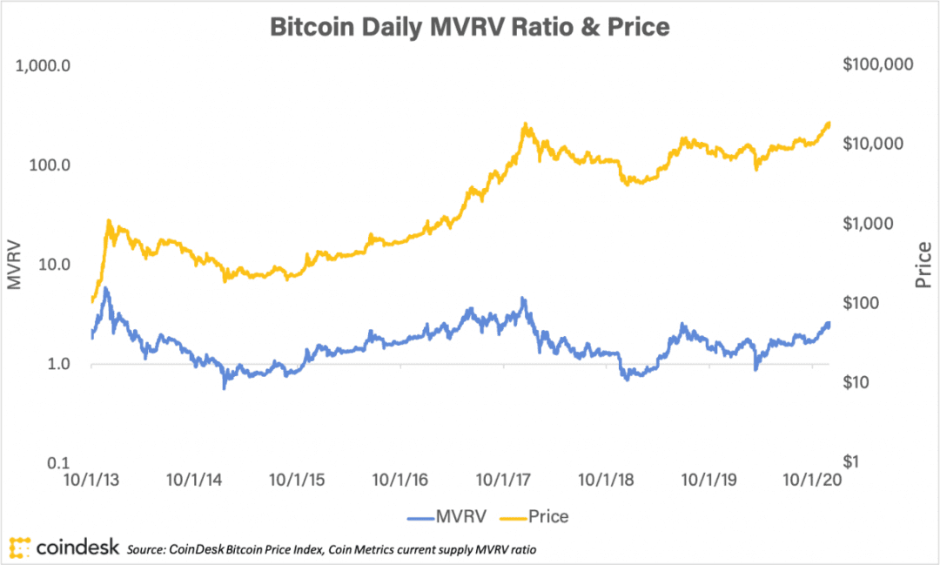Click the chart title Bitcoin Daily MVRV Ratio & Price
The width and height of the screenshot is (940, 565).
pos(469,27)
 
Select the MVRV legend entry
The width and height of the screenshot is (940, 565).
pos(446,516)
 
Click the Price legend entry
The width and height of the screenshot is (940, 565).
pos(534,516)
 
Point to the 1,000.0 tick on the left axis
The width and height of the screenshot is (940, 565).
pos(43,65)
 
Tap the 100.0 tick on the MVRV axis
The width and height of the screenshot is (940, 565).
pos(50,165)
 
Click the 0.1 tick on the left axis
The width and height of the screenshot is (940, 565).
pos(59,463)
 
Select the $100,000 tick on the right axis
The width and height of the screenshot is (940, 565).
pos(877,64)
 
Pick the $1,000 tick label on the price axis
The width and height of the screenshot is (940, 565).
pos(868,224)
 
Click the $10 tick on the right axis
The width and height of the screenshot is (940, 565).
pos(856,382)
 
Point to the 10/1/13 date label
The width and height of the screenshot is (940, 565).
pos(91,480)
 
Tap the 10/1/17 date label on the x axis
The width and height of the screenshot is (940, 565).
pos(503,480)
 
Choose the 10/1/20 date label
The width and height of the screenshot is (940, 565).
pos(812,480)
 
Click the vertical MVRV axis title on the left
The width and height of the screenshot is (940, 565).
pos(14,265)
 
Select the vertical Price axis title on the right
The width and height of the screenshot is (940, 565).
pos(923,265)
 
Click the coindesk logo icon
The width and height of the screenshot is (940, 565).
pos(20,548)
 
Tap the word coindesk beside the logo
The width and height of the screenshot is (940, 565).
pos(78,548)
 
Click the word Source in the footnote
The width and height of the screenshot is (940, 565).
pos(145,549)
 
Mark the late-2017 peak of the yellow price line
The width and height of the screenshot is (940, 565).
pos(525,124)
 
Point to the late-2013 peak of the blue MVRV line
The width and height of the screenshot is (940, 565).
pos(106,289)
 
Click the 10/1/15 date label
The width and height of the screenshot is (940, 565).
pos(297,480)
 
